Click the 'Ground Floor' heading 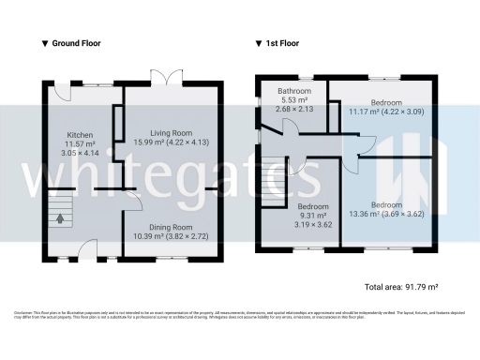click(x=76, y=43)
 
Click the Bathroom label click(x=294, y=92)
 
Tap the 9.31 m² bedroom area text click(x=314, y=216)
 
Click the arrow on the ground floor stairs click(x=62, y=219)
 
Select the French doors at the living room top click(x=170, y=78)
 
